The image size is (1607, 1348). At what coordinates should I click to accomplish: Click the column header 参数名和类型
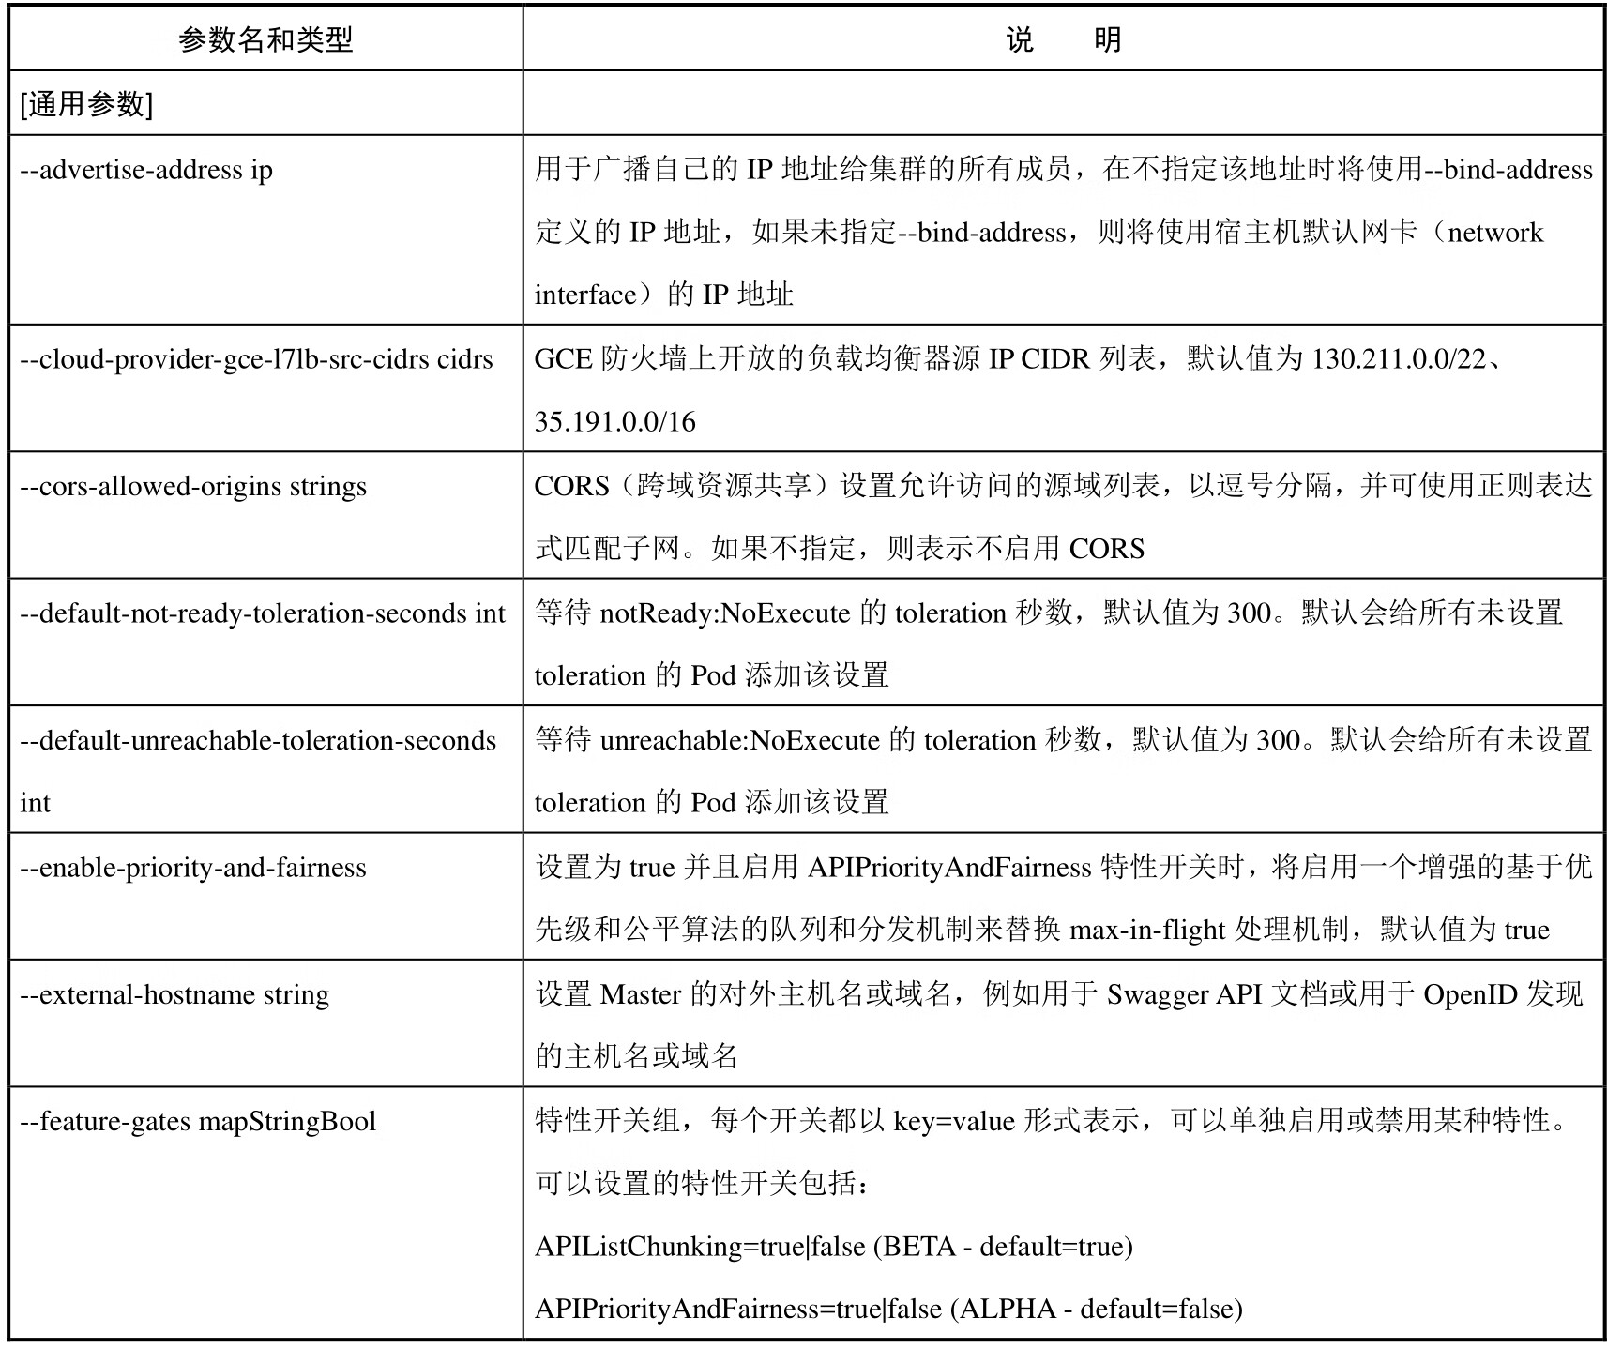[265, 40]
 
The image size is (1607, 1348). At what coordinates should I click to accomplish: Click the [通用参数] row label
[86, 104]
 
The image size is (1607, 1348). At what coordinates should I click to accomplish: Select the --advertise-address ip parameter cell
[146, 170]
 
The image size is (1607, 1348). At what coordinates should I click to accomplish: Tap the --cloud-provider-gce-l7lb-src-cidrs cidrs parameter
[256, 359]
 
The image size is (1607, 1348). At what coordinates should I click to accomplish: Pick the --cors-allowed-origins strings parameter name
[193, 486]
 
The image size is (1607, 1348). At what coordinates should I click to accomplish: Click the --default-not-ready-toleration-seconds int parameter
[263, 613]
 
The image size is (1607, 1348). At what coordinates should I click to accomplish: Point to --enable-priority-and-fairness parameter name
[193, 867]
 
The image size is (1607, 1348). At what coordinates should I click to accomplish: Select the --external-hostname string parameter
[174, 993]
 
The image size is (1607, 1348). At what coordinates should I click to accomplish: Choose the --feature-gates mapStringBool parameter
[198, 1121]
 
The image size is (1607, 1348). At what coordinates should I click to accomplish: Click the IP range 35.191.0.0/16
[615, 422]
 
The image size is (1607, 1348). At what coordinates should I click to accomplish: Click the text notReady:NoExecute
[725, 613]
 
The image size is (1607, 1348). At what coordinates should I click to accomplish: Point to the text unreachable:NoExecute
[740, 740]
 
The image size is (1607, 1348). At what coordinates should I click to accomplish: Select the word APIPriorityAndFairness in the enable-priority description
[949, 867]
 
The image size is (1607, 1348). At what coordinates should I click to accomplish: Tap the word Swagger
[1157, 994]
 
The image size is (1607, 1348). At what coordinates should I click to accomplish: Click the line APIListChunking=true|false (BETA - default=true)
[834, 1247]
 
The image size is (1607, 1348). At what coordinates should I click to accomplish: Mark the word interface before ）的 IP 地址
[585, 295]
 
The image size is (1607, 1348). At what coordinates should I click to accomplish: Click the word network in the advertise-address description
[1495, 233]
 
